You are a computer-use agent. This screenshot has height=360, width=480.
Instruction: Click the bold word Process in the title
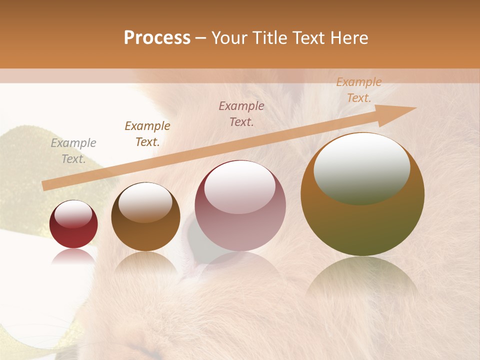(157, 38)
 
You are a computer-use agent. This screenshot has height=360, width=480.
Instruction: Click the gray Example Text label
(73, 151)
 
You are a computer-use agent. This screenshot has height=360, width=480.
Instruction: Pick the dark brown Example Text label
(147, 134)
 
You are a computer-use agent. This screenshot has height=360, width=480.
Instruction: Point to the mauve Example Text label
(241, 114)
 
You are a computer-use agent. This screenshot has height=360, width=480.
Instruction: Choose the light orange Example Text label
(359, 90)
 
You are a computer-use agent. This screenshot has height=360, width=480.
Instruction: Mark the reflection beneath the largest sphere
(362, 280)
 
